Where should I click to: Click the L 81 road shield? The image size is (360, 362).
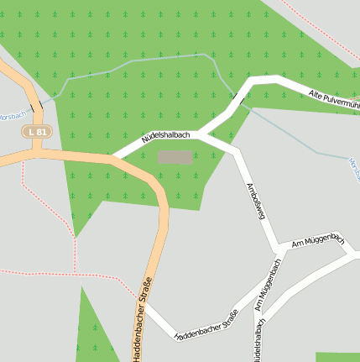(38, 132)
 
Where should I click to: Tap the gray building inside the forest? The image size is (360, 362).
(175, 157)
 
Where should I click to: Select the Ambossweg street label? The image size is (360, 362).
(255, 201)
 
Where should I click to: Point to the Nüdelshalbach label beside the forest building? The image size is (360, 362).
(165, 136)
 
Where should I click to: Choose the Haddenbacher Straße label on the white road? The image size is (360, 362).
(206, 325)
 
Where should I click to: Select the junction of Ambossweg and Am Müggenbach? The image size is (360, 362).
(279, 249)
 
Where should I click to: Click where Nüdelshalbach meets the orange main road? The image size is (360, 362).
(116, 156)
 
